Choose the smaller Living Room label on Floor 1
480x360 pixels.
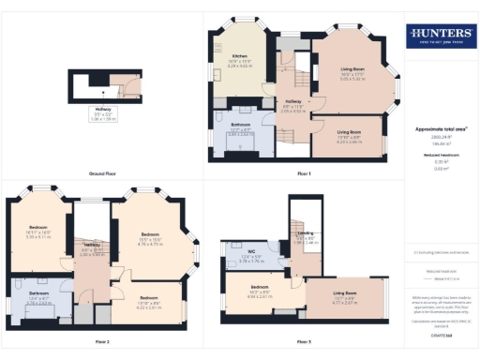pos(350,137)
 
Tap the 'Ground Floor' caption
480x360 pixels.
pos(102,174)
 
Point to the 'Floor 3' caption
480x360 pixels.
pos(304,342)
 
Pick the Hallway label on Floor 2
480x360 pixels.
pos(91,249)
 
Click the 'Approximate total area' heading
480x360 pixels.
pos(441,127)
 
